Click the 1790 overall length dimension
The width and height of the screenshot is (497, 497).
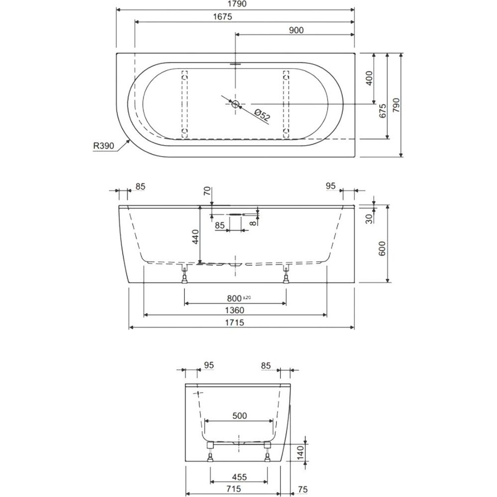(x=238, y=4)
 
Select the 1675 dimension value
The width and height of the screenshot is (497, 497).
(x=223, y=16)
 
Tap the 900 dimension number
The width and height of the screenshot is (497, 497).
(x=296, y=30)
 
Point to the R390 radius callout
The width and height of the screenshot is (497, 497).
(x=103, y=146)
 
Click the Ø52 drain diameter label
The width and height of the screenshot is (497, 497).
(x=262, y=115)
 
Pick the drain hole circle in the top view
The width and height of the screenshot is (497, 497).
(x=235, y=104)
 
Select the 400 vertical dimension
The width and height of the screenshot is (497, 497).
(x=369, y=78)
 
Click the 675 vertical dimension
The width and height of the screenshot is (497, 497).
(x=383, y=111)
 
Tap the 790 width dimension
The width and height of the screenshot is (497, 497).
(x=396, y=105)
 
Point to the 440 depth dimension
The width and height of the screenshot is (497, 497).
(x=195, y=237)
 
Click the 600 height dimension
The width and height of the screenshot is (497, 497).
(x=382, y=248)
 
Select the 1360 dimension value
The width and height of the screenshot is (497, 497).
(x=235, y=310)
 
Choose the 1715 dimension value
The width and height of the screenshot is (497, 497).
(x=235, y=323)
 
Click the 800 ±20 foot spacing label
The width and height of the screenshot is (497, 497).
(x=239, y=298)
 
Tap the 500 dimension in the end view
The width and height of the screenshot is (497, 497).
(x=240, y=415)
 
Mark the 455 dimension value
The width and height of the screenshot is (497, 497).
(x=240, y=477)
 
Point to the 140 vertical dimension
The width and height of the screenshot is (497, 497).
(x=301, y=452)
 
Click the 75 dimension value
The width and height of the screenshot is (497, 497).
(x=303, y=490)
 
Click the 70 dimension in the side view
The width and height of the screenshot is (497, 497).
(x=207, y=191)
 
